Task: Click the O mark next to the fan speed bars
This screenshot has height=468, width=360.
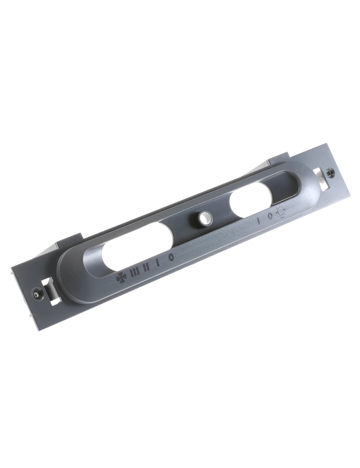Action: [x=171, y=256]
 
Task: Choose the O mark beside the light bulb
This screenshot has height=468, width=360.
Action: [x=270, y=216]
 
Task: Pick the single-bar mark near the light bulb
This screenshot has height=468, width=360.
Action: [x=259, y=220]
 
